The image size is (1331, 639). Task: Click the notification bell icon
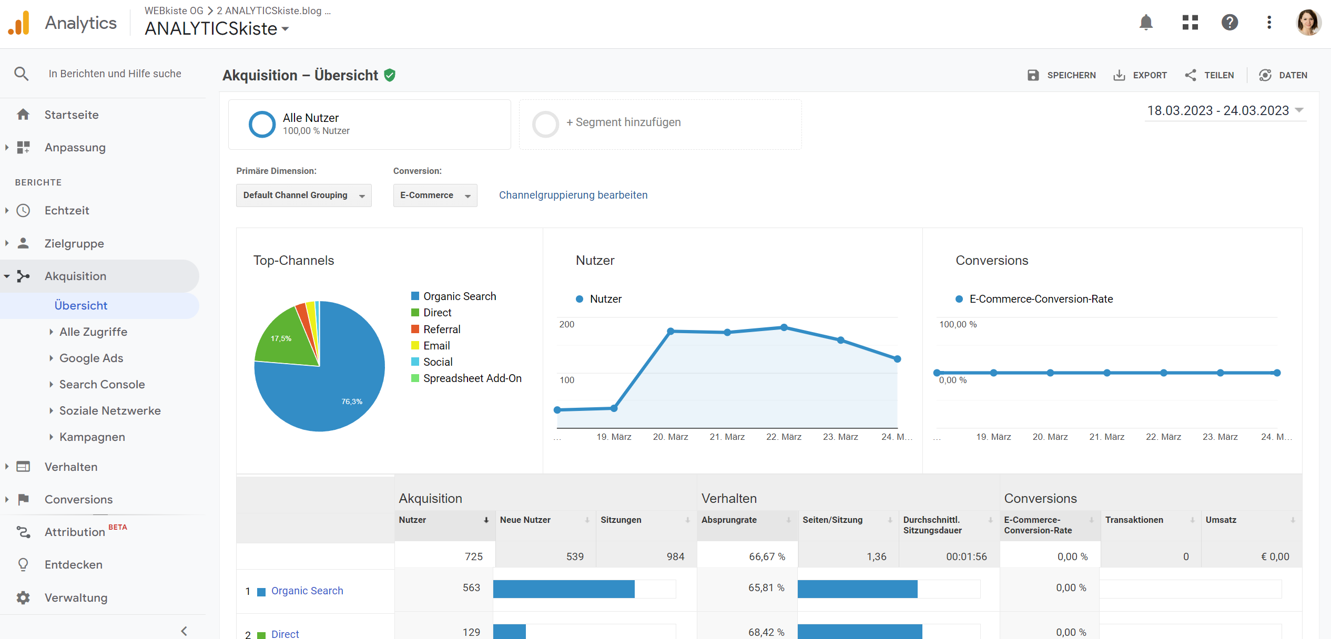(x=1146, y=23)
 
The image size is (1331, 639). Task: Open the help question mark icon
(x=1230, y=23)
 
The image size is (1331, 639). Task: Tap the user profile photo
(x=1308, y=23)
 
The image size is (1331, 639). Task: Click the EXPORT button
(x=1140, y=75)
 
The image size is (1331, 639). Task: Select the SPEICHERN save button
(x=1061, y=75)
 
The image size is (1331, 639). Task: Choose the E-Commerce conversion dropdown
(x=435, y=195)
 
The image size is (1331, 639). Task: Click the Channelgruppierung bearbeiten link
(x=573, y=195)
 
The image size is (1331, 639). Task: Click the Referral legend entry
(x=441, y=329)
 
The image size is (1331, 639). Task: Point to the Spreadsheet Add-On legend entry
(x=472, y=378)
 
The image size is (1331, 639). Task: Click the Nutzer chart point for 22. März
(x=784, y=327)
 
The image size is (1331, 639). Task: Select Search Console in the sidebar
(x=101, y=385)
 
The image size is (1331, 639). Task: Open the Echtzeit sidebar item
(x=67, y=211)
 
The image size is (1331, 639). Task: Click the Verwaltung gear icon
(x=23, y=597)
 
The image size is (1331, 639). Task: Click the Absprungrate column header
(x=729, y=520)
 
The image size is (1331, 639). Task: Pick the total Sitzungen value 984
(x=675, y=556)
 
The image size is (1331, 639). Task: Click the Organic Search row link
(x=307, y=591)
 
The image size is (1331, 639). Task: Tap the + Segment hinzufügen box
(x=660, y=123)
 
